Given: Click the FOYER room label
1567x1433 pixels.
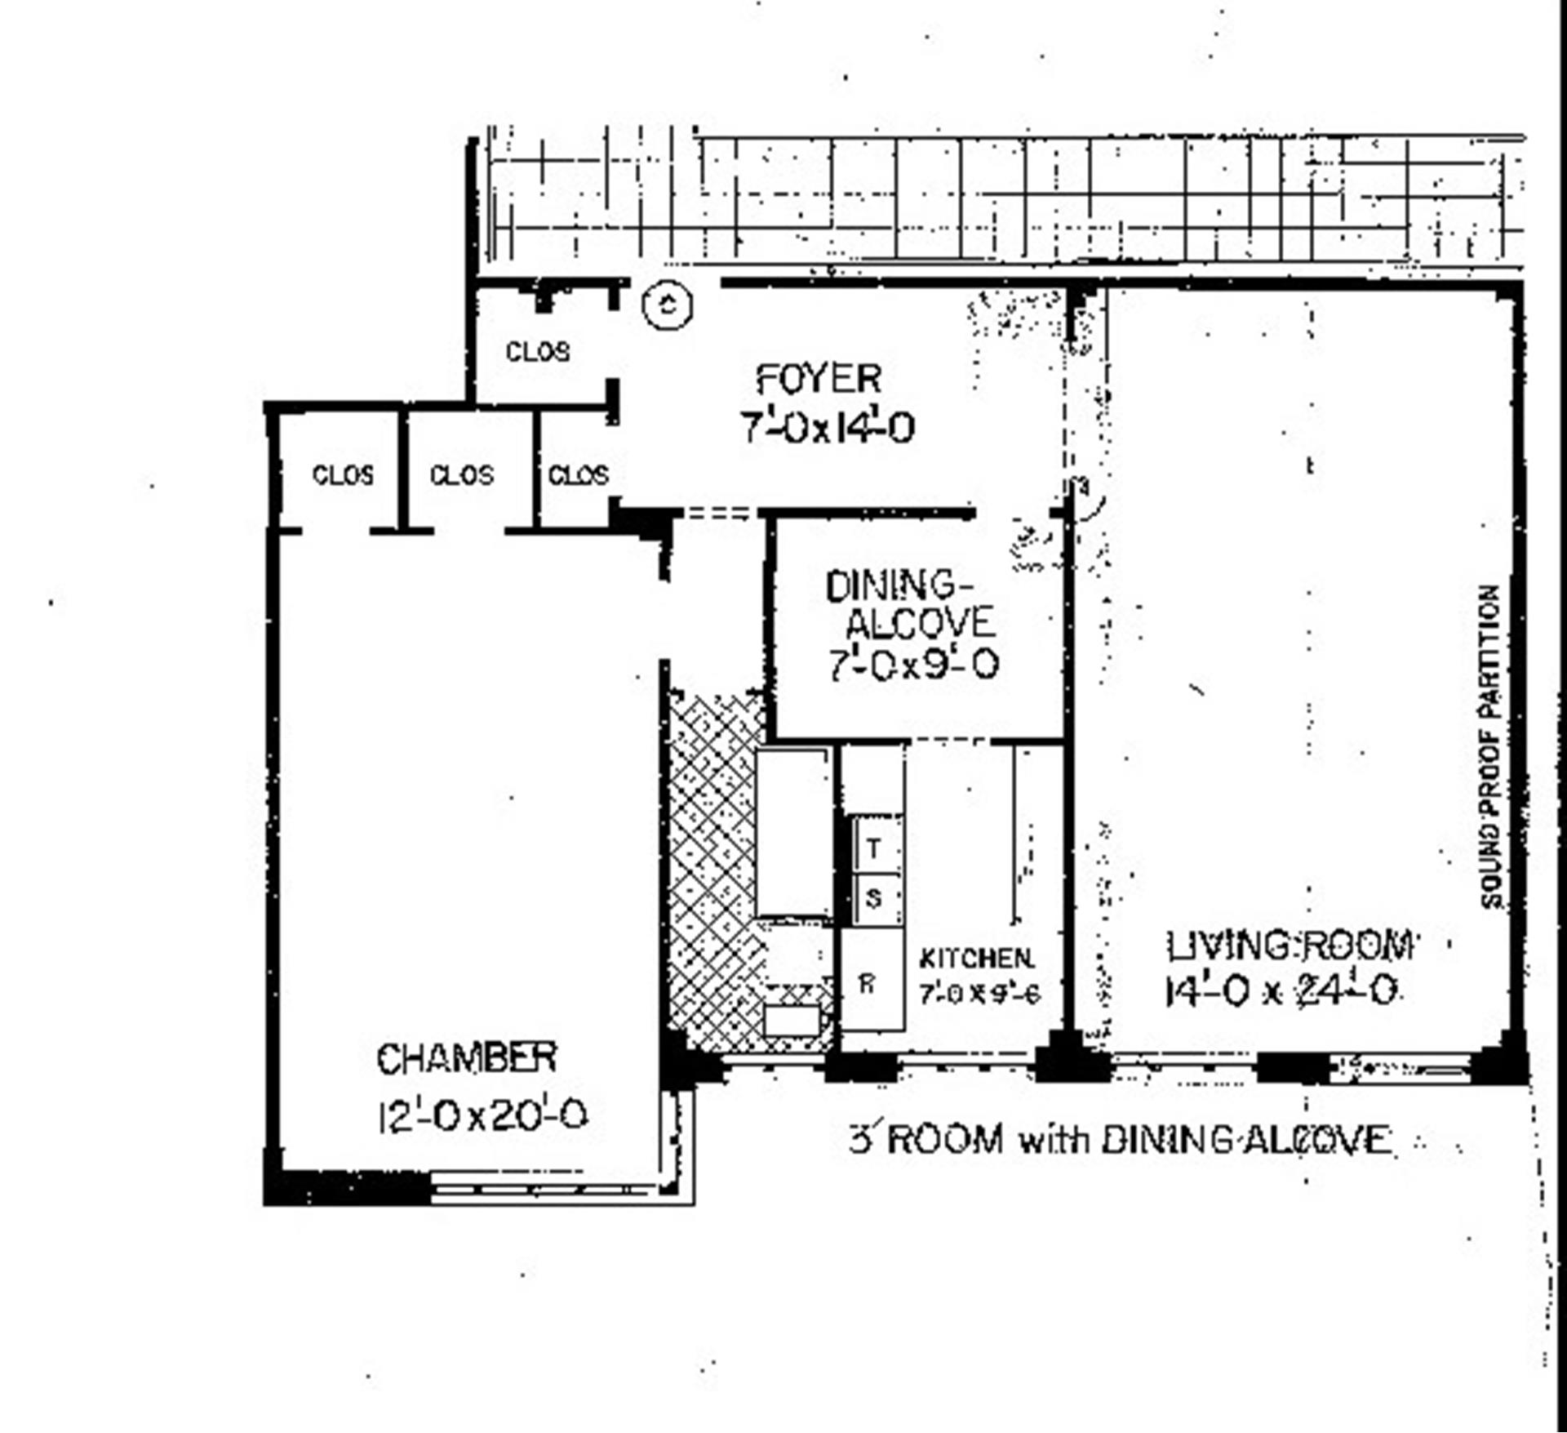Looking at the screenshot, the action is click(819, 379).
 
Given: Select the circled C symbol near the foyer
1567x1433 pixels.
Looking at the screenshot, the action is click(668, 305).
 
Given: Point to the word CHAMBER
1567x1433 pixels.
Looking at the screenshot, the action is click(466, 1058).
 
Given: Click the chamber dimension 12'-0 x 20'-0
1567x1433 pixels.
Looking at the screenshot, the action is click(482, 1115).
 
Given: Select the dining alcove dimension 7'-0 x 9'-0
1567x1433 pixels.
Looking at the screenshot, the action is click(913, 665).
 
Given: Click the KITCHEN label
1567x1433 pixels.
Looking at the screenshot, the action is click(976, 958).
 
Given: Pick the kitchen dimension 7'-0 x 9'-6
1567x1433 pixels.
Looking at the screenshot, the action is click(979, 994).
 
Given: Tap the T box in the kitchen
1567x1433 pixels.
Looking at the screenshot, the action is click(874, 848).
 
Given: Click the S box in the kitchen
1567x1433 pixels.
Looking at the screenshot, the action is click(874, 899).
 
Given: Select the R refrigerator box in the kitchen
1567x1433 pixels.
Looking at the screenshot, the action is click(868, 983).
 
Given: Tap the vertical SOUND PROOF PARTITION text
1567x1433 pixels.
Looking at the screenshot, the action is click(1490, 746).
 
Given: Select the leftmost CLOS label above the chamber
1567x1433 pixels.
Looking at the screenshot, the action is click(343, 475).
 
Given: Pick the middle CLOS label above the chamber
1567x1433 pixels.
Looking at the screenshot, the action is click(461, 475).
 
